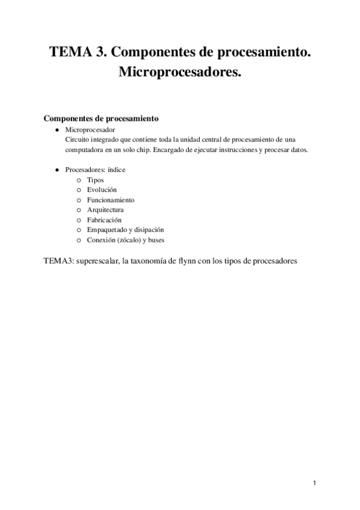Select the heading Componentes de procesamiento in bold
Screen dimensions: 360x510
pos(101,118)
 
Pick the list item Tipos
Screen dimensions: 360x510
pos(95,180)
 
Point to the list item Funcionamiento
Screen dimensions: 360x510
pos(110,200)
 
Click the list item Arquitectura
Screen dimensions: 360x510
pos(105,209)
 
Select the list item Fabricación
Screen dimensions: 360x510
pos(103,220)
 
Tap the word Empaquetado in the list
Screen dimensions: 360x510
pos(106,230)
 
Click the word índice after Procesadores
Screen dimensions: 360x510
pos(115,170)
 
